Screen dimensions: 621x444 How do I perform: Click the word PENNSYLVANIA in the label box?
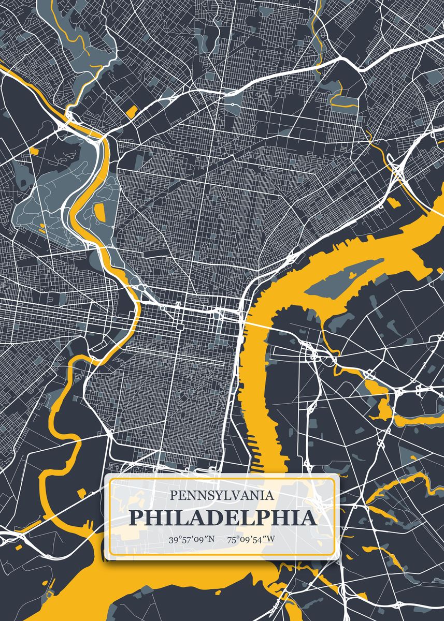coord(222,495)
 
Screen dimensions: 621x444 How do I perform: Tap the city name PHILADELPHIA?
coord(222,518)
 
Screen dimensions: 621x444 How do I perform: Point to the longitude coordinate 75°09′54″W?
coord(251,540)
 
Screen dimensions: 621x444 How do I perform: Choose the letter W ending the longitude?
coord(271,540)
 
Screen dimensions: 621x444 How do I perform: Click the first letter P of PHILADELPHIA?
coord(136,518)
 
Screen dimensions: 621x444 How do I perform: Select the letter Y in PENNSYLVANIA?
coord(218,495)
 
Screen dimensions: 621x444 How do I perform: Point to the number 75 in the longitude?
coord(231,540)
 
